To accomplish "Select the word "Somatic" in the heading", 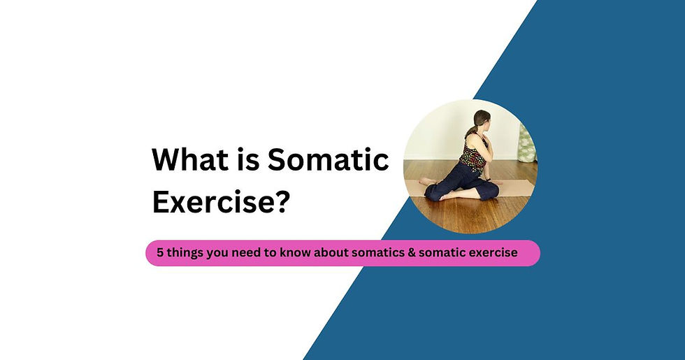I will click(329, 161).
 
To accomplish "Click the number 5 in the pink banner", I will click(160, 253).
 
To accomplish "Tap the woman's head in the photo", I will click(484, 121).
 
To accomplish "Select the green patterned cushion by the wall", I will click(526, 143).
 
